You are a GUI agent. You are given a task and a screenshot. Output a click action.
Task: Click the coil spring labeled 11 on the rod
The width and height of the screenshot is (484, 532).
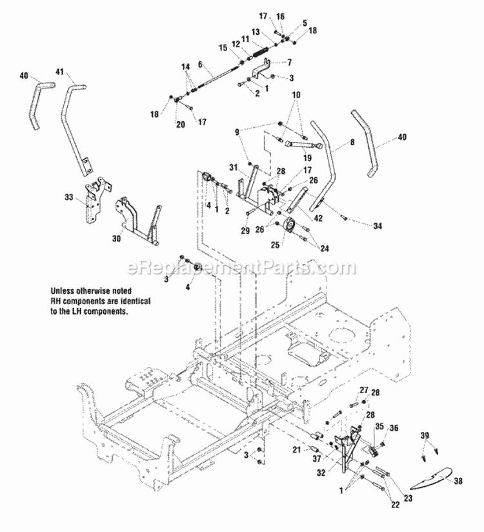coord(257,48)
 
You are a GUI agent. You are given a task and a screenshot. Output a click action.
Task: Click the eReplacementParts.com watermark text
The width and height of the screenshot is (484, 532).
coord(242,267)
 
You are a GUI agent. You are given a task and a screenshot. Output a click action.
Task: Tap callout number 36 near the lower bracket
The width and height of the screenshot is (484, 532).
coord(394,427)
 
